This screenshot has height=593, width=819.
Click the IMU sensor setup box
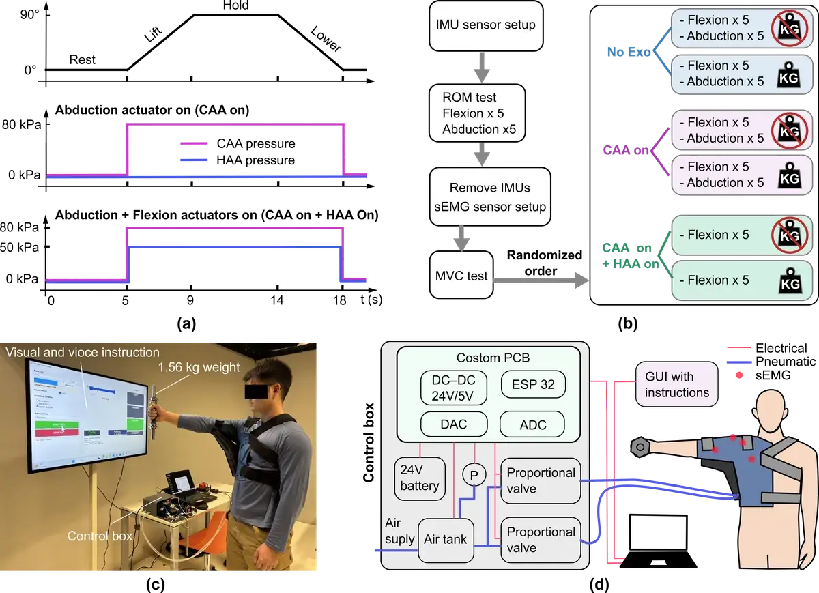pyautogui.click(x=485, y=25)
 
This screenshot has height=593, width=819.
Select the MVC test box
pyautogui.click(x=462, y=275)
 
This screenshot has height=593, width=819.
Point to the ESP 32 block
pyautogui.click(x=533, y=385)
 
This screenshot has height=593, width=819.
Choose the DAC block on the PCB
pyautogui.click(x=454, y=424)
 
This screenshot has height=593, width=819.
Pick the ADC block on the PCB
pyautogui.click(x=533, y=424)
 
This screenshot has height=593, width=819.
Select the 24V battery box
pyautogui.click(x=420, y=478)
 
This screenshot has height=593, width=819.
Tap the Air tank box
pyautogui.click(x=446, y=539)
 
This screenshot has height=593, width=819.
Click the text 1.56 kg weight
pyautogui.click(x=199, y=368)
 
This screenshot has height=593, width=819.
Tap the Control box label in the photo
pyautogui.click(x=100, y=536)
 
